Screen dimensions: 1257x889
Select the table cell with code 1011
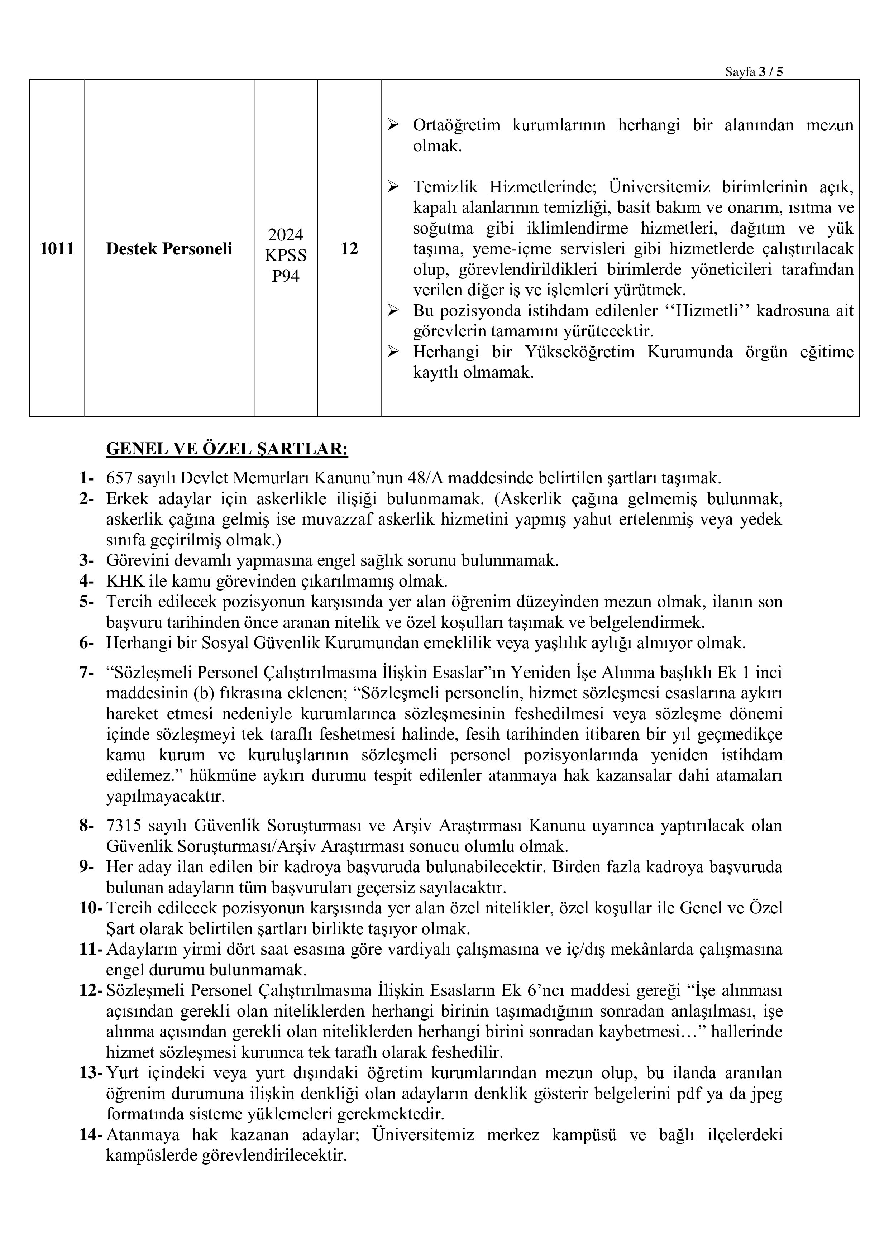(x=57, y=249)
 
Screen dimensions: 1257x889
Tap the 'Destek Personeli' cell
(x=169, y=249)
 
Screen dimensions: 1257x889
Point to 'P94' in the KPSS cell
(x=285, y=276)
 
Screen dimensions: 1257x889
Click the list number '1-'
(x=86, y=478)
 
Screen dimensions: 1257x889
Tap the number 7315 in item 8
(x=124, y=826)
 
